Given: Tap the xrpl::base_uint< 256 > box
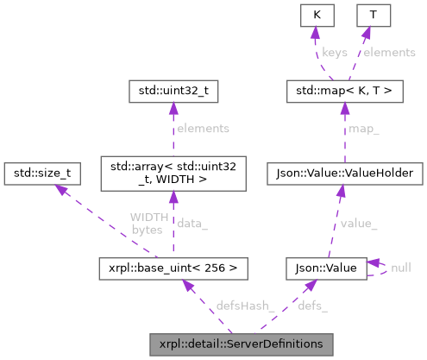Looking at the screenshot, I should [174, 268].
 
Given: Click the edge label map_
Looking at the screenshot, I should [362, 130].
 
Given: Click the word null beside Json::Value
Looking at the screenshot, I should [400, 268].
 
